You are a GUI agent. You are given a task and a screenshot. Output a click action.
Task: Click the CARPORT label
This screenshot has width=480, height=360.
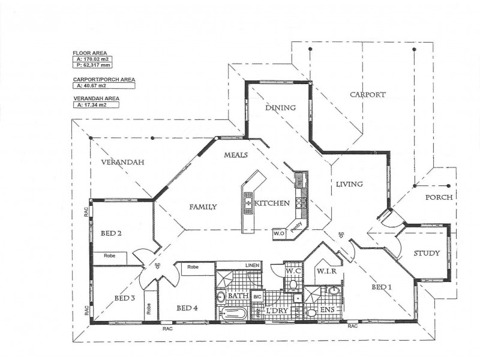coord(367,95)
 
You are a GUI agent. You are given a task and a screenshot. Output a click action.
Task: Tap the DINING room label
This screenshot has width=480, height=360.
coord(281,108)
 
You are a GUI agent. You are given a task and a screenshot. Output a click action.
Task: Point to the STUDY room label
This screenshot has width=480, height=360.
coord(427,253)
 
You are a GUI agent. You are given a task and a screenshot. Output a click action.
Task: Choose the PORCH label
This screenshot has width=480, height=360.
coord(439,197)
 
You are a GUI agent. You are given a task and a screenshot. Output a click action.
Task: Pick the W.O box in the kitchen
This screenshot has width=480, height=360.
coord(278,233)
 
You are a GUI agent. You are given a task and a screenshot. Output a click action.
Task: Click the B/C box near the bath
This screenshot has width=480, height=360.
coord(257,296)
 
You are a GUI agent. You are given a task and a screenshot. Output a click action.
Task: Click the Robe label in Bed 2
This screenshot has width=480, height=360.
coord(109,256)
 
